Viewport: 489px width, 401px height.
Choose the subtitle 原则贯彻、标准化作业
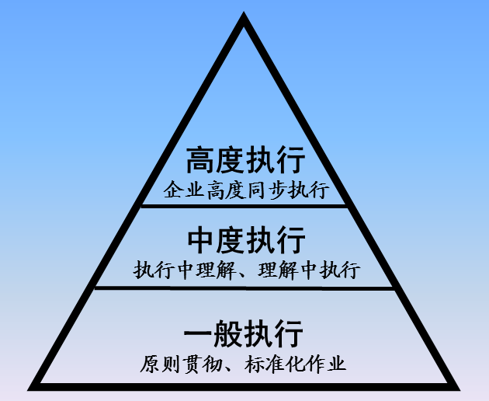click(x=244, y=363)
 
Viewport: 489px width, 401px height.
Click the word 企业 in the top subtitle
click(x=181, y=190)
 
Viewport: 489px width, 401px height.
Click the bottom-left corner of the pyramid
click(x=33, y=385)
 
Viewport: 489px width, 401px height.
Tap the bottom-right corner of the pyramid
click(x=456, y=385)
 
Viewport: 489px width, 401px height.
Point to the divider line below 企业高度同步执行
click(x=244, y=205)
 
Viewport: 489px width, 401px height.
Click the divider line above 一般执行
click(x=244, y=288)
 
